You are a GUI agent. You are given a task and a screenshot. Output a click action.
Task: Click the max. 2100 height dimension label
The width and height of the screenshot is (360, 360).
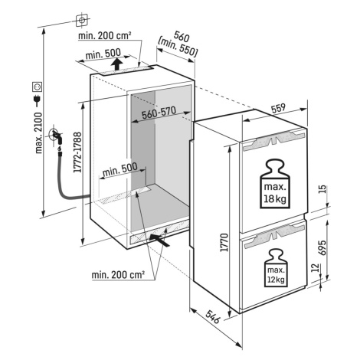[38, 133]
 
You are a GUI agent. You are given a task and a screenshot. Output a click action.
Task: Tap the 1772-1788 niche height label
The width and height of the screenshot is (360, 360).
[77, 152]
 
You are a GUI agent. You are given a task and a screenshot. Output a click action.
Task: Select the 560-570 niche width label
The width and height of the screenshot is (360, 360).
[159, 113]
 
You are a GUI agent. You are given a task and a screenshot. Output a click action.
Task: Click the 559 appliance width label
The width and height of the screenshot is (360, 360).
[278, 108]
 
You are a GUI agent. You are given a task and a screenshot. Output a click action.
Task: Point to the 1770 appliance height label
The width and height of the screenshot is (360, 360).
[224, 242]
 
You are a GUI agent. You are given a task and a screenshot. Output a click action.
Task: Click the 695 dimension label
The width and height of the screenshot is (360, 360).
[322, 247]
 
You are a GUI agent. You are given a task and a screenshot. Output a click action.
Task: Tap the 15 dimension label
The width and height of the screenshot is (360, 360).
[322, 189]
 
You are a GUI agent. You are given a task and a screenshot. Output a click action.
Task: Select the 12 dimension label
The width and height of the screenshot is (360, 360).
[316, 267]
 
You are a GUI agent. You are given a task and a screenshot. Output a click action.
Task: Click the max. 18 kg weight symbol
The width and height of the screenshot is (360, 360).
[275, 184]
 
